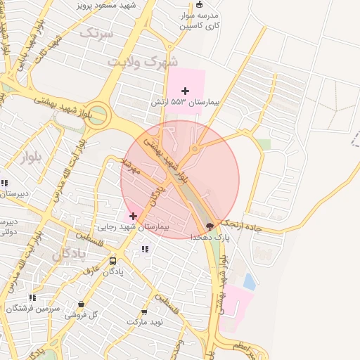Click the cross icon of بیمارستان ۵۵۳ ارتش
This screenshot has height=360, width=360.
point(185,91)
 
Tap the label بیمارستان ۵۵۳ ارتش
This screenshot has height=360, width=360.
point(185,103)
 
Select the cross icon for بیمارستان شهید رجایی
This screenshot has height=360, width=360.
point(134,215)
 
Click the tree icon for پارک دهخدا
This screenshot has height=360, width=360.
point(210,226)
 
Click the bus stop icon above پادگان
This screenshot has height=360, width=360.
point(113,261)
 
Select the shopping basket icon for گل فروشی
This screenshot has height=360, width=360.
point(82,304)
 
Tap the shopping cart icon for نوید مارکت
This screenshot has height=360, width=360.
point(145,311)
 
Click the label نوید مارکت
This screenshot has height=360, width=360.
point(145,322)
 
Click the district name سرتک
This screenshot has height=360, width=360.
point(96,32)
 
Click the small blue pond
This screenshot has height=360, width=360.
point(249,281)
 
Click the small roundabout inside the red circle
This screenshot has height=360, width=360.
point(195,149)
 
